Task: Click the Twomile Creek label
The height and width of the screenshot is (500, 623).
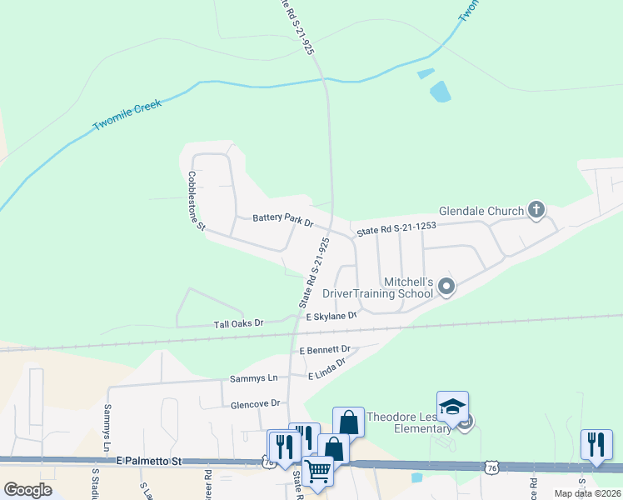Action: [x=127, y=115]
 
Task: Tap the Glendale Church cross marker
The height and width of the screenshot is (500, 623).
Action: [x=536, y=211]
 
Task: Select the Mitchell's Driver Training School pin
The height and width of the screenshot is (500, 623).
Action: [x=446, y=287]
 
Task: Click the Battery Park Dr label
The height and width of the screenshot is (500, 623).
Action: [x=282, y=220]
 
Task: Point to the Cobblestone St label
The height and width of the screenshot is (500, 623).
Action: [x=195, y=201]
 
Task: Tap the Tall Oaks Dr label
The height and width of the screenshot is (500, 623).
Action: [x=238, y=322]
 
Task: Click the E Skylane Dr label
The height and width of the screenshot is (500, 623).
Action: [x=331, y=317]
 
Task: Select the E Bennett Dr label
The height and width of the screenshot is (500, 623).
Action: [x=325, y=350]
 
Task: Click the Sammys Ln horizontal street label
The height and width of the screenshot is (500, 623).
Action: [x=253, y=378]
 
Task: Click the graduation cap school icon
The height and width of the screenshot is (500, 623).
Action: [x=452, y=407]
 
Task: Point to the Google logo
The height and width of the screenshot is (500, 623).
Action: [x=27, y=490]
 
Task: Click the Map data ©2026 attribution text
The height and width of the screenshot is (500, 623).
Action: [x=587, y=493]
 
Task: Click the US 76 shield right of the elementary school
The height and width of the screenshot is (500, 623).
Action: [x=492, y=469]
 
